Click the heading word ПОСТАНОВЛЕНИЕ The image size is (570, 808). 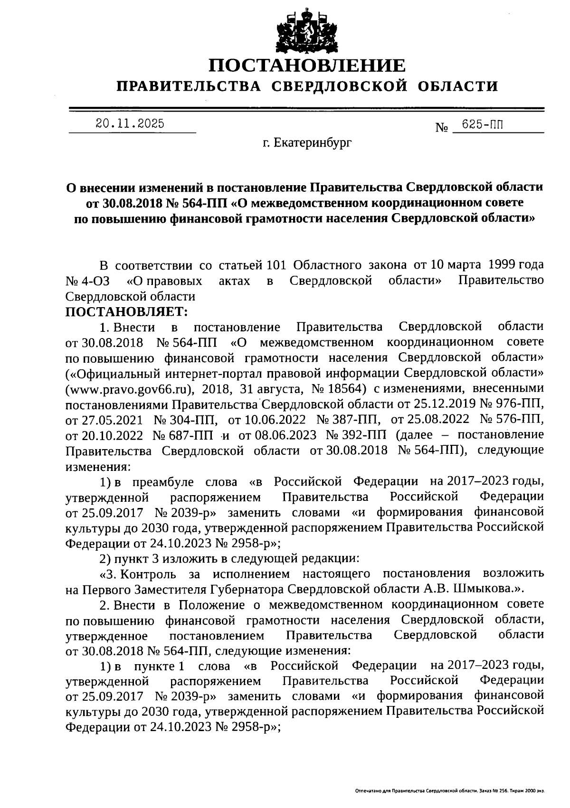308,66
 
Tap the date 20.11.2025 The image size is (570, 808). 130,124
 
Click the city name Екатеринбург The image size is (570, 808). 313,141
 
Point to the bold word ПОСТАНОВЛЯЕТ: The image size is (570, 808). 127,312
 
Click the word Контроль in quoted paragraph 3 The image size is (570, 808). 147,574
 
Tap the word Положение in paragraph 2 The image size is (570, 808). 212,605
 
